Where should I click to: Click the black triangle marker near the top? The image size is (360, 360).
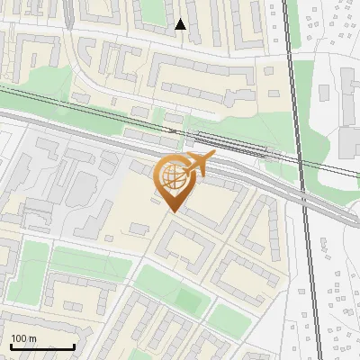coord(180,24)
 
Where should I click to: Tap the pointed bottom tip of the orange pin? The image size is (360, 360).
coord(172,211)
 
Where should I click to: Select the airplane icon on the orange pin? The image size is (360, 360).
coord(197,166)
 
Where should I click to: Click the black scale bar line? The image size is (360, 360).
coord(42,346)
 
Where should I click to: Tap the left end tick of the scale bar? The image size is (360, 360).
coord(11,345)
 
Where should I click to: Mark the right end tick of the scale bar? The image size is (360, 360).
coord(74,345)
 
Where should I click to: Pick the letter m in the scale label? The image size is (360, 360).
coord(32,338)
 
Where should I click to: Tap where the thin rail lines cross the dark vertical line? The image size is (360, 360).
coord(301,166)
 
